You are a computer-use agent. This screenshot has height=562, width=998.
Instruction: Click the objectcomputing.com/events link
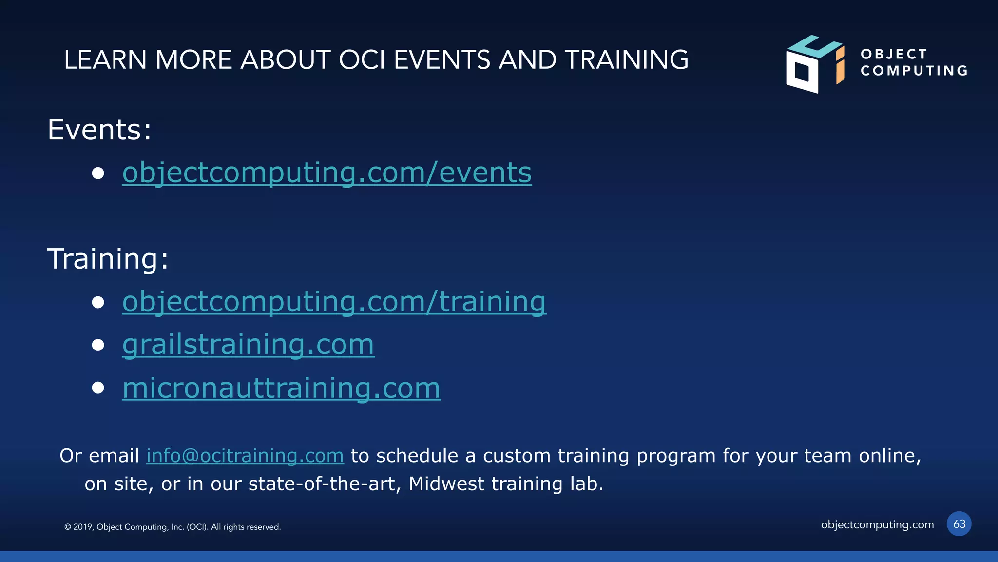pos(326,173)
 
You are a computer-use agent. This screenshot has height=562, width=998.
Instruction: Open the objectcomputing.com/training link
pos(334,302)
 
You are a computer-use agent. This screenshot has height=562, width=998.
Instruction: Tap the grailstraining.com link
pos(248,345)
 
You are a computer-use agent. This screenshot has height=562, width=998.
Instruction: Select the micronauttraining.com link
pos(281,388)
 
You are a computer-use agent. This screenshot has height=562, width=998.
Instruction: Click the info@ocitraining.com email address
pos(245,456)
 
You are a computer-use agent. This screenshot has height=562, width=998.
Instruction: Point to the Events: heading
pos(99,130)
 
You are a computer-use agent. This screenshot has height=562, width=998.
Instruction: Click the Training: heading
pos(107,258)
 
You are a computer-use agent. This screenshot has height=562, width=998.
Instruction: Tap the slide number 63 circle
pos(959,524)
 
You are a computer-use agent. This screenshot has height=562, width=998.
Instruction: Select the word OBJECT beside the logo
pos(893,54)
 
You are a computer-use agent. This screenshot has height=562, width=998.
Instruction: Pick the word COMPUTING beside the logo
pos(914,71)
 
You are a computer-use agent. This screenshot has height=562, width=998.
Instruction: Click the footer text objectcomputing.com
pos(877,524)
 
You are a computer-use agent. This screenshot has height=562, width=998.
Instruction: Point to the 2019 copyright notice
pos(173,527)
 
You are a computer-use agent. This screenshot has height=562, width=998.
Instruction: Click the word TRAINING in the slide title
pos(626,60)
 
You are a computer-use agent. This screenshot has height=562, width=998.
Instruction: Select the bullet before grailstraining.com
pos(98,345)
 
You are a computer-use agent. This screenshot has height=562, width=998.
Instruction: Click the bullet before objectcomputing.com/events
pos(98,173)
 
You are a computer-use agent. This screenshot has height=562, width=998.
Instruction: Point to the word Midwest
pos(446,484)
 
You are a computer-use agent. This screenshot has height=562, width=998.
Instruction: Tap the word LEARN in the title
pos(105,60)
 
